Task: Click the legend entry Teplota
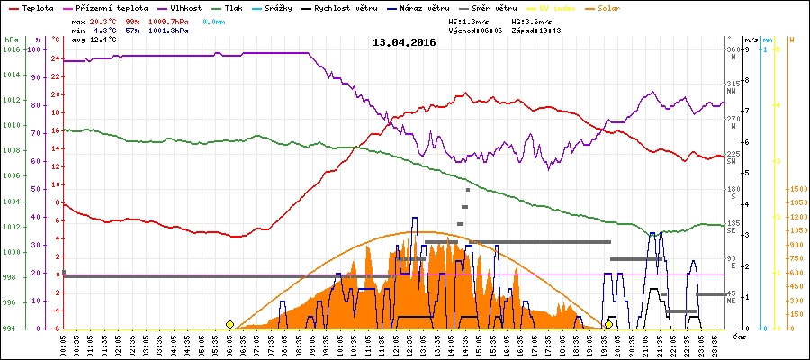click(37, 7)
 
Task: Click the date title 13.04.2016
click(404, 41)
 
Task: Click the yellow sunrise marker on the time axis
click(229, 324)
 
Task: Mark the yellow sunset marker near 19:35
click(609, 324)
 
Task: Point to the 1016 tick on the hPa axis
click(11, 49)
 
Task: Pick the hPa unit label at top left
click(11, 40)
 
